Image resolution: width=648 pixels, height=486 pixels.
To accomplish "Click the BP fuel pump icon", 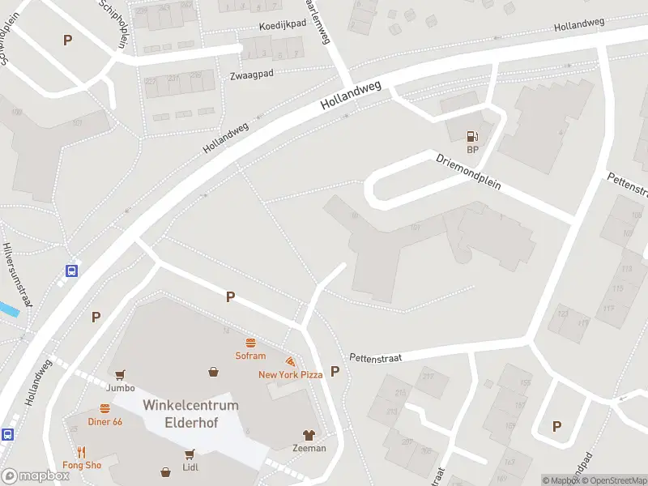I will point(472,137).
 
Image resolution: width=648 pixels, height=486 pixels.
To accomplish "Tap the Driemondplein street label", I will point(469,172).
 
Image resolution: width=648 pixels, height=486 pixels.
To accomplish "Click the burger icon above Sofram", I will point(250,343).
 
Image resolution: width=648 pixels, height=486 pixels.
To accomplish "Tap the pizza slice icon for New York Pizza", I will point(289,361).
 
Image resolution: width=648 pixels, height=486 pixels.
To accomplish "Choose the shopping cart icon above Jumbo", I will point(121,375).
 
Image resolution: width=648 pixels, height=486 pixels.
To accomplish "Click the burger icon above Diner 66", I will point(104,409).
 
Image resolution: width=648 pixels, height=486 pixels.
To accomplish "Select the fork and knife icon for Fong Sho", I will point(82,452).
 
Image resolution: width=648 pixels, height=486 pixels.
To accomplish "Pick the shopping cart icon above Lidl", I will point(190,454).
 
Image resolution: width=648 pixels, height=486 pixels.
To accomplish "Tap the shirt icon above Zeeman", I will point(309,435).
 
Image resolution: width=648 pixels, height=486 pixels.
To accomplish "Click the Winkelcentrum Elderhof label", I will point(190,413).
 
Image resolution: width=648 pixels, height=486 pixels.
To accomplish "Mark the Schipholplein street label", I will point(113,22).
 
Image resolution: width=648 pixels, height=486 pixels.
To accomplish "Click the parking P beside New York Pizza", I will point(335,371).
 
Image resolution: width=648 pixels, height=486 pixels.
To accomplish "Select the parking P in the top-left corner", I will point(67,40).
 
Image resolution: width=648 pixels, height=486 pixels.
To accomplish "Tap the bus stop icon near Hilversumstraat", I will point(72,271).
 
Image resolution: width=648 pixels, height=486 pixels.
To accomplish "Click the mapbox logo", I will point(35,476).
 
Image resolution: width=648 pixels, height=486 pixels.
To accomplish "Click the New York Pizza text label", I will point(290,374).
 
